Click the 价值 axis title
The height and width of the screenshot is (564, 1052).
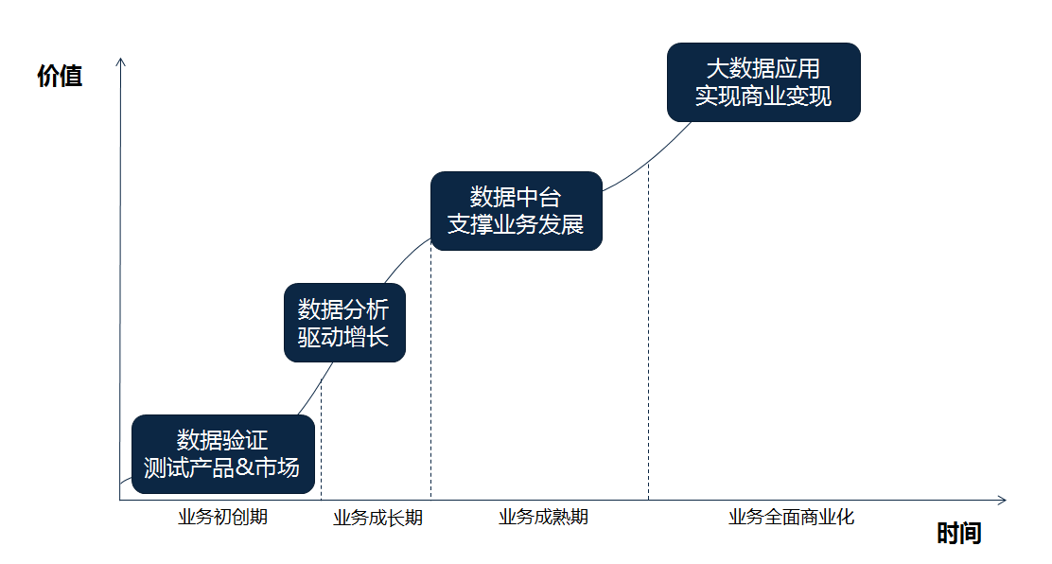(x=60, y=76)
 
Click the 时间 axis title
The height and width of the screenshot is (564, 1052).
(x=958, y=534)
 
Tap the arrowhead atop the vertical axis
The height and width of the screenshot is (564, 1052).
(x=121, y=62)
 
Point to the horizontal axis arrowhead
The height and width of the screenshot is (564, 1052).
(x=1002, y=501)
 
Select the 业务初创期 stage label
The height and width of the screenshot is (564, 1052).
(x=222, y=517)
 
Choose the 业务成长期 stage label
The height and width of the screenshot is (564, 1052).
(x=377, y=518)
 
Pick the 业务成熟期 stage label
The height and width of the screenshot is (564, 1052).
(x=543, y=517)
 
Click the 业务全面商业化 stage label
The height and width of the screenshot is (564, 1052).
(x=792, y=517)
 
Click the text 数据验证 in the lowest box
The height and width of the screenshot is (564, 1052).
(x=222, y=440)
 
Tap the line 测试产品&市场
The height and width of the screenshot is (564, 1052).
(x=221, y=467)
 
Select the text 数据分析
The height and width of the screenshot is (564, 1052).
(x=343, y=309)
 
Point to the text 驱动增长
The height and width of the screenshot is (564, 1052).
(x=343, y=337)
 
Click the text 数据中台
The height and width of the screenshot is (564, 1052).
(x=516, y=198)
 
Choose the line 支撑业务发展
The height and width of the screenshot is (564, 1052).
(x=516, y=224)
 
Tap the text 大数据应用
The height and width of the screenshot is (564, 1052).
(x=763, y=68)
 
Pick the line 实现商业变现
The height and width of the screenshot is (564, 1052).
(x=763, y=96)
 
